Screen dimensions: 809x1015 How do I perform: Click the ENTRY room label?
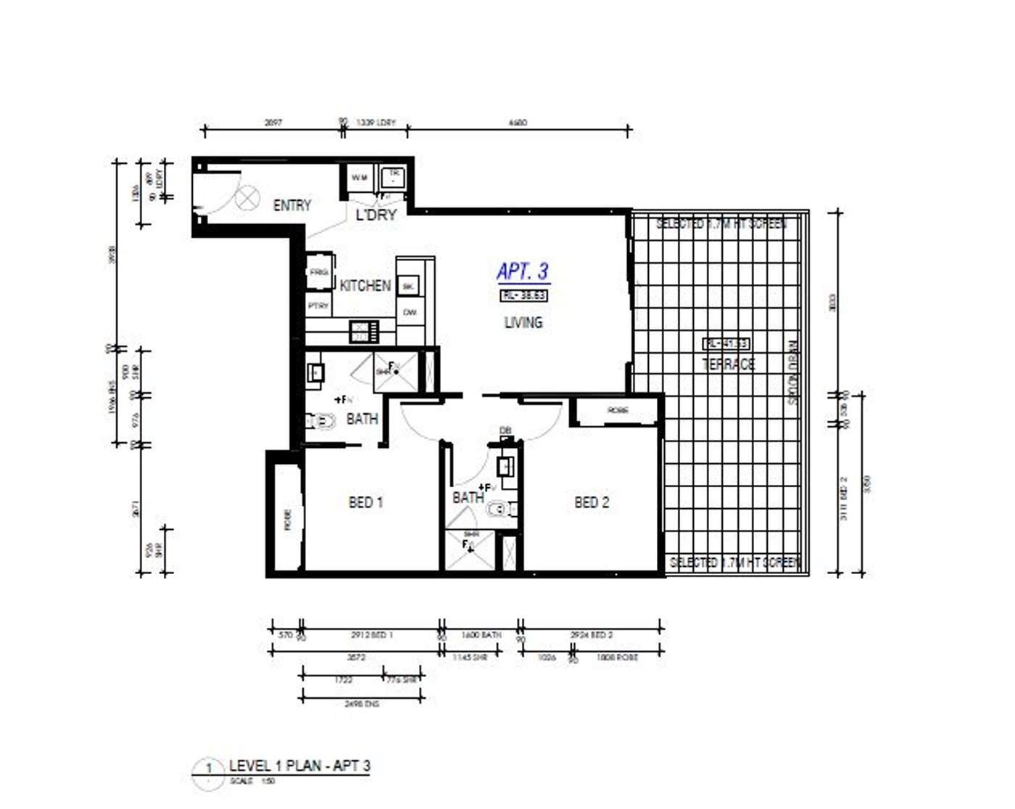291,206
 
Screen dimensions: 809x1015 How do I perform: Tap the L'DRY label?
376,215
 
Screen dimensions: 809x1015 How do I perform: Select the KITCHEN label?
365,286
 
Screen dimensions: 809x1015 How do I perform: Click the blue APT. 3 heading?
523,272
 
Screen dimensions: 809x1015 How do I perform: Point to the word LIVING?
523,323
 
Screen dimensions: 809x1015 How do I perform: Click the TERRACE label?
728,364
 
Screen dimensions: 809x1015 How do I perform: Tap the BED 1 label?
365,502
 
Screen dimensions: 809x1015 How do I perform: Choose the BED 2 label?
592,502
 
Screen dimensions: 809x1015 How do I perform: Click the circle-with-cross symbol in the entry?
247,197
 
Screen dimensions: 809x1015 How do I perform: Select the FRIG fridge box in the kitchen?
319,272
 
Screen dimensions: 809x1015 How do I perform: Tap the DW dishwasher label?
410,312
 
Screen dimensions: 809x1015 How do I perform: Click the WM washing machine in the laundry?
360,178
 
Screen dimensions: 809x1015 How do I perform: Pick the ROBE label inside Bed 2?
618,410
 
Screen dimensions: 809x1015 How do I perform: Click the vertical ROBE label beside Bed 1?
287,519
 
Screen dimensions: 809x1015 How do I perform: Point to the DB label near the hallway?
505,431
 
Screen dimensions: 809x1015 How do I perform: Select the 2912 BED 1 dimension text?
371,635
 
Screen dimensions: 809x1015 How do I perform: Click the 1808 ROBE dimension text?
617,657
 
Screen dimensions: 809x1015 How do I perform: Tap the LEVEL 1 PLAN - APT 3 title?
299,766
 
